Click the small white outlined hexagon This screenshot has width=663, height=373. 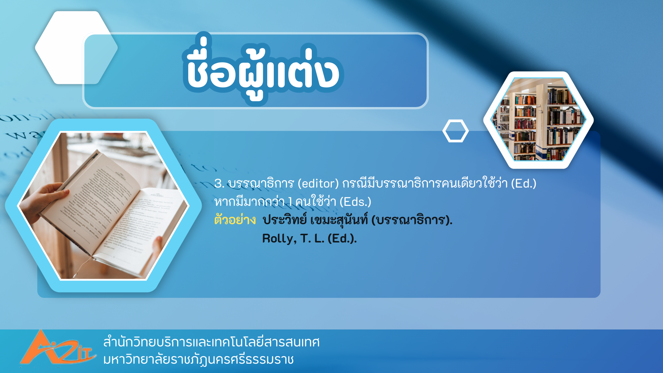click(x=455, y=131)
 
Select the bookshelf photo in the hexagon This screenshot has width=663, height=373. click(x=538, y=120)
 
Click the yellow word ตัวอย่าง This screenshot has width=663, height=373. click(x=235, y=220)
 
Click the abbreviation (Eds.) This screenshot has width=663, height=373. click(x=355, y=202)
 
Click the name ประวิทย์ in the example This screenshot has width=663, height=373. click(x=285, y=220)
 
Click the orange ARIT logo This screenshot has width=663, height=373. click(x=57, y=348)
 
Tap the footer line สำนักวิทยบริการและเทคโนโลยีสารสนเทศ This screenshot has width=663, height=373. click(x=211, y=342)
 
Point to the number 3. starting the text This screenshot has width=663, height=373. click(x=219, y=183)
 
